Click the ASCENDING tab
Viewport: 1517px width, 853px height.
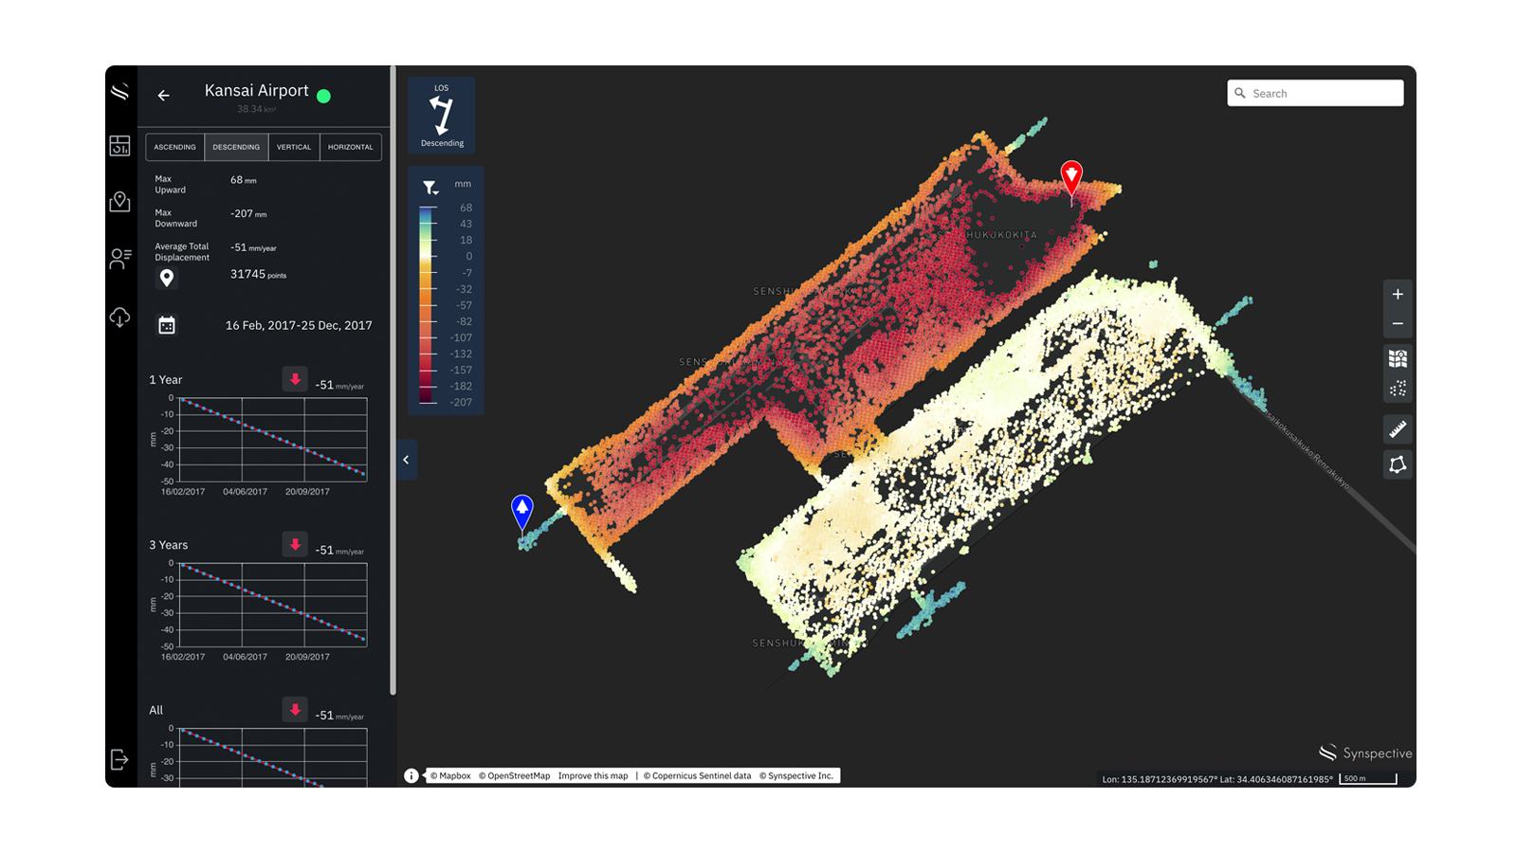pos(174,147)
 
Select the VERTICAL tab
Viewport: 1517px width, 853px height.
pos(294,147)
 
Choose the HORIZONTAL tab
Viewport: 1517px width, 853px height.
pos(351,147)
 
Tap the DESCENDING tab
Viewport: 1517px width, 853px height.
pos(236,147)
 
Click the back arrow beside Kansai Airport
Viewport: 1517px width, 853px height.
pos(164,96)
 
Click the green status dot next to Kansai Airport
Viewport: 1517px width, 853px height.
pos(323,96)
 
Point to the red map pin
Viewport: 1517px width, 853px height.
pos(1071,176)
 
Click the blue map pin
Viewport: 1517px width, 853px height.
pos(522,510)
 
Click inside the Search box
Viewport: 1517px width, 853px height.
pos(1323,93)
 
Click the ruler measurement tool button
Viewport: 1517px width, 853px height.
pos(1398,429)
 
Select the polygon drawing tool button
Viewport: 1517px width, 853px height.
pos(1398,464)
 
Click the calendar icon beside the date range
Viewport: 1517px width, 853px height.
pos(167,325)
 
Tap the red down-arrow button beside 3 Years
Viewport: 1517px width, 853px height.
pos(295,545)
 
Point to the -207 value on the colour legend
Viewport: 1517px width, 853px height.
pos(462,403)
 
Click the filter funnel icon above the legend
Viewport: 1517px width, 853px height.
pos(430,188)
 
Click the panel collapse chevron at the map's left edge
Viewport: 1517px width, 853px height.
pos(406,460)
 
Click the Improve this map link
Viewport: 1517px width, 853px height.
pos(593,776)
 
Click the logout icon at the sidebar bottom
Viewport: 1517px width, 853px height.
pos(119,759)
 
